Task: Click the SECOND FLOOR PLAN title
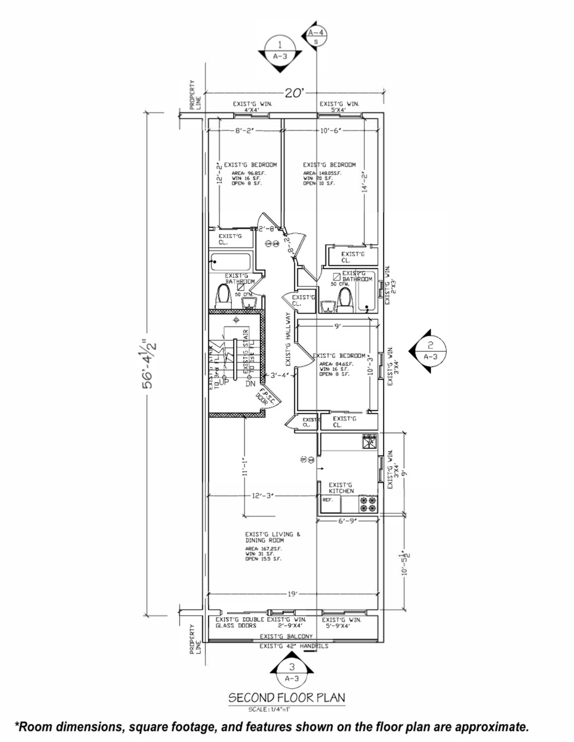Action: click(287, 697)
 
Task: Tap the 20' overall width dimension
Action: click(295, 93)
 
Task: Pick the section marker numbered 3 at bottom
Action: click(291, 672)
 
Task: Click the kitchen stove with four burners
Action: click(370, 504)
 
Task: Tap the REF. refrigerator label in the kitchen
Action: click(328, 500)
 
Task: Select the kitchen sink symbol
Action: click(370, 441)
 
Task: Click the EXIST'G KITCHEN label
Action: click(341, 487)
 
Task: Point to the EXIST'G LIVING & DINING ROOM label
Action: click(273, 537)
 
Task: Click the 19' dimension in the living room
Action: click(293, 594)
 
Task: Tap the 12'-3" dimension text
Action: click(263, 496)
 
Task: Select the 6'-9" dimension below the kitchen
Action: click(348, 521)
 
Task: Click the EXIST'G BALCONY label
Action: click(286, 636)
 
